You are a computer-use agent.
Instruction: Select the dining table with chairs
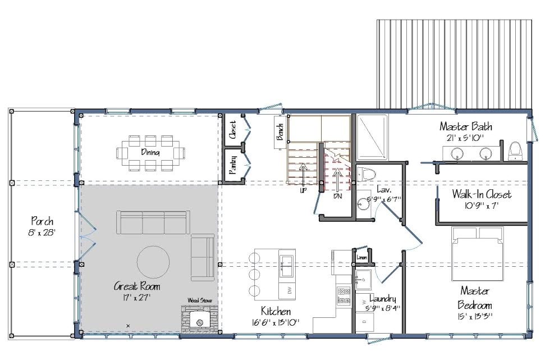click(x=151, y=152)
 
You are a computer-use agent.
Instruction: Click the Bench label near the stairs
click(x=279, y=131)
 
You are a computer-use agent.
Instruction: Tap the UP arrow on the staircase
click(x=303, y=175)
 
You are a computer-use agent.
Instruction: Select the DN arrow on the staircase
click(x=337, y=178)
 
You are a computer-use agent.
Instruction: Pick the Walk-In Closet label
click(x=482, y=194)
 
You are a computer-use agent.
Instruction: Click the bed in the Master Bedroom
click(x=477, y=252)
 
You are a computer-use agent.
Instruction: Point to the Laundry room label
click(x=383, y=299)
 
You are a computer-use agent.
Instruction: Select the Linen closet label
click(x=362, y=258)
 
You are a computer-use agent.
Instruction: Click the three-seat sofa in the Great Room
click(x=152, y=222)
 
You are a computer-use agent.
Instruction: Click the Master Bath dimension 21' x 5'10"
click(x=465, y=138)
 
